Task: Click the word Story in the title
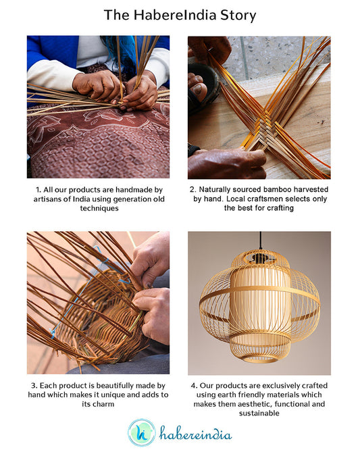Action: tap(238, 16)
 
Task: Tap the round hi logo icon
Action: tap(142, 432)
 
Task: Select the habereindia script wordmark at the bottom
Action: tap(196, 433)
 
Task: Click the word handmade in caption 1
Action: tap(131, 190)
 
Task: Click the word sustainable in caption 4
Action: tap(259, 413)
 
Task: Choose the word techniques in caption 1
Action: tap(99, 208)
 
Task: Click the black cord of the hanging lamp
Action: tap(260, 241)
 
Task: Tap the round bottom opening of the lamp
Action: tap(259, 359)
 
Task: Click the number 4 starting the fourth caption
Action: tap(193, 386)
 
